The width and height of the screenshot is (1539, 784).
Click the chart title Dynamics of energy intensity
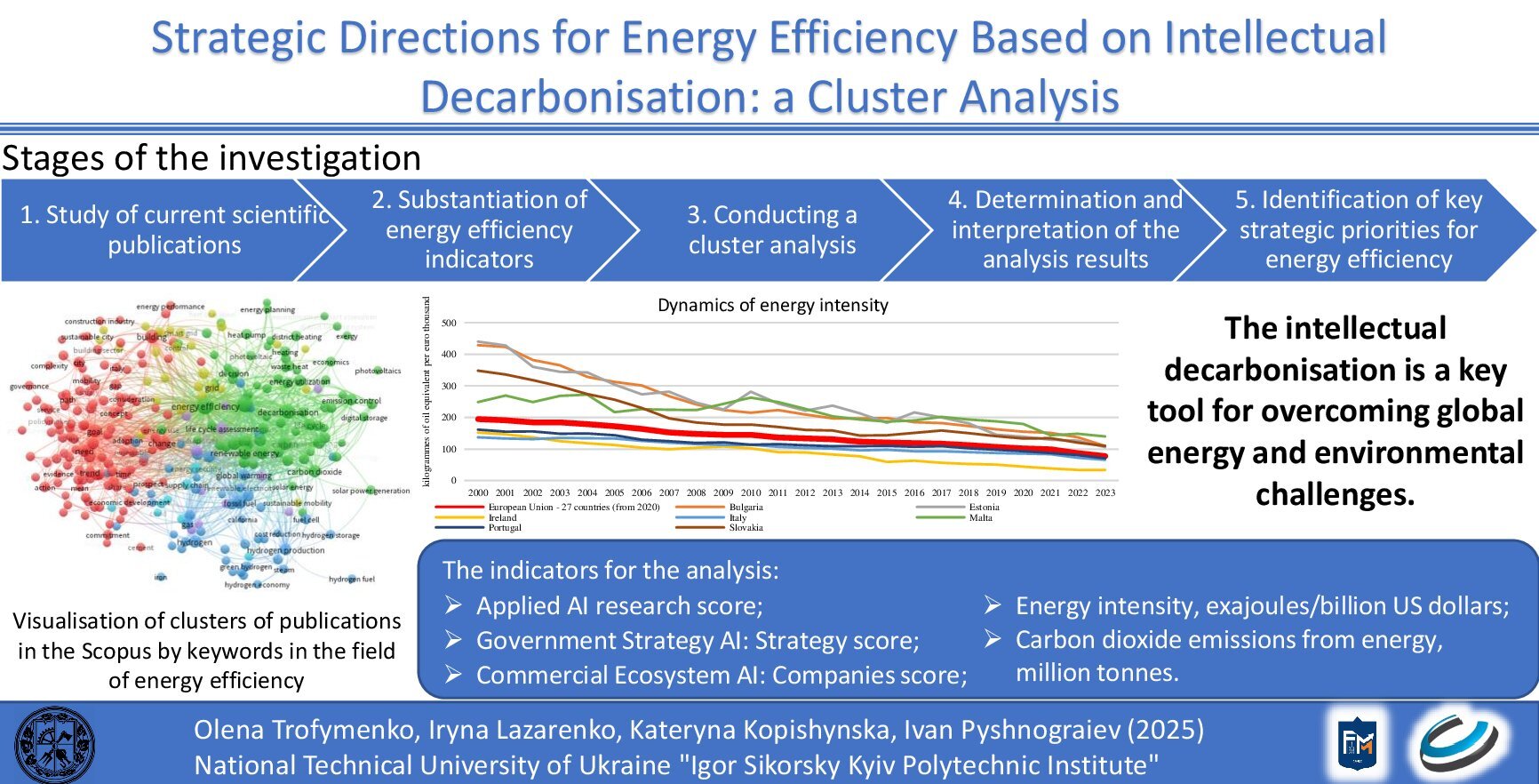pyautogui.click(x=772, y=305)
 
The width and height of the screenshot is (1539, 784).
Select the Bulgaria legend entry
pyautogui.click(x=746, y=508)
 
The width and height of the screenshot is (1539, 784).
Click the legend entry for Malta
pyautogui.click(x=980, y=517)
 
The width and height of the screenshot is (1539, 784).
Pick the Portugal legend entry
pyautogui.click(x=504, y=527)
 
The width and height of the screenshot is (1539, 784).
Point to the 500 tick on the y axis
pyautogui.click(x=449, y=323)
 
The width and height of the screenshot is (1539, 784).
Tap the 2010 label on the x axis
pyautogui.click(x=751, y=492)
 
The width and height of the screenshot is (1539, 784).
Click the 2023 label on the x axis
pyautogui.click(x=1104, y=492)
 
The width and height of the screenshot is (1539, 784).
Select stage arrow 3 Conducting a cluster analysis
pyautogui.click(x=771, y=230)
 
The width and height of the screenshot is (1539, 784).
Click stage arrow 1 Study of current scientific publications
pyautogui.click(x=174, y=230)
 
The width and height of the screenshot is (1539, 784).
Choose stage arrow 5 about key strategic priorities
pyautogui.click(x=1358, y=230)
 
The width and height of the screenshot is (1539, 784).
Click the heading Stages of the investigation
pyautogui.click(x=211, y=158)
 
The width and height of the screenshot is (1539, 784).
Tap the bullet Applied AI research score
pyautogui.click(x=618, y=606)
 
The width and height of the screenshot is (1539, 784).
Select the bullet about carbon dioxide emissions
pyautogui.click(x=1228, y=641)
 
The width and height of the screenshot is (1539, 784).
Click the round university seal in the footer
pyautogui.click(x=55, y=744)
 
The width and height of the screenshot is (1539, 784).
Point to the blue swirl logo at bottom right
pyautogui.click(x=1457, y=742)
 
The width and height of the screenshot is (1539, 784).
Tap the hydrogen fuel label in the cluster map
pyautogui.click(x=351, y=580)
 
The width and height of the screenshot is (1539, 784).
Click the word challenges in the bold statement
pyautogui.click(x=1334, y=494)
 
